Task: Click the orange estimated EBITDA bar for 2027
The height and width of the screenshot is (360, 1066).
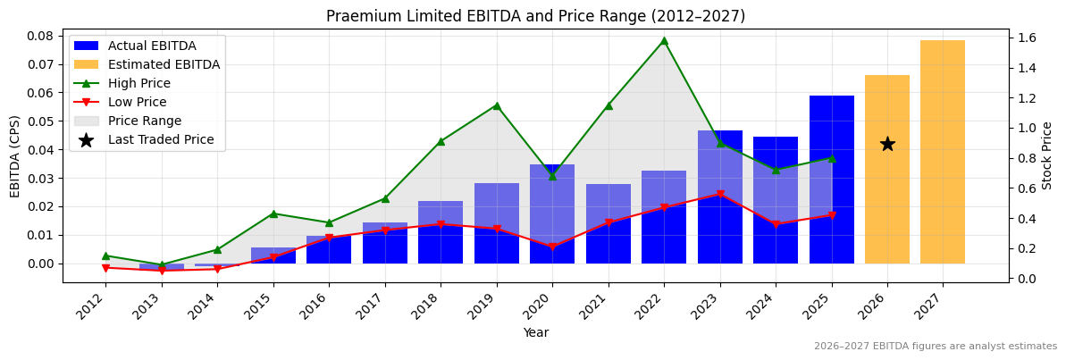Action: click(943, 152)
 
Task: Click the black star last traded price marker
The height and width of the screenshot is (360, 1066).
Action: click(887, 144)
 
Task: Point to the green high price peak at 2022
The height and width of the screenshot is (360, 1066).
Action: click(664, 40)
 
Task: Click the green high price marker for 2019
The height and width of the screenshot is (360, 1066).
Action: click(497, 105)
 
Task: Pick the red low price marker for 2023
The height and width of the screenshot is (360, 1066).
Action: click(720, 194)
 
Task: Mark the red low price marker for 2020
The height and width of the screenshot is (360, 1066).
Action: click(552, 247)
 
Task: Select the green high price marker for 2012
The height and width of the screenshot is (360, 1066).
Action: click(105, 255)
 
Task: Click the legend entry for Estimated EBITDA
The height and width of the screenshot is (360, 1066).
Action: click(164, 64)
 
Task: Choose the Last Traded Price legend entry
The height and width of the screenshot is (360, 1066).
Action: click(161, 139)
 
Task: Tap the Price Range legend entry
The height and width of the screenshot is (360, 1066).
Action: click(144, 121)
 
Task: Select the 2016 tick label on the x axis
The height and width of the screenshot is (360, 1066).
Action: click(319, 309)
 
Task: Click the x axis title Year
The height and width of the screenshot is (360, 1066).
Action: click(536, 333)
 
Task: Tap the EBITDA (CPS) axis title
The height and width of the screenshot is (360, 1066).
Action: click(15, 155)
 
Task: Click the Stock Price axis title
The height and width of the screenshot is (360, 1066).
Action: click(1047, 155)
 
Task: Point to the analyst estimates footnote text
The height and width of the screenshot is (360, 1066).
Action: click(935, 347)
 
